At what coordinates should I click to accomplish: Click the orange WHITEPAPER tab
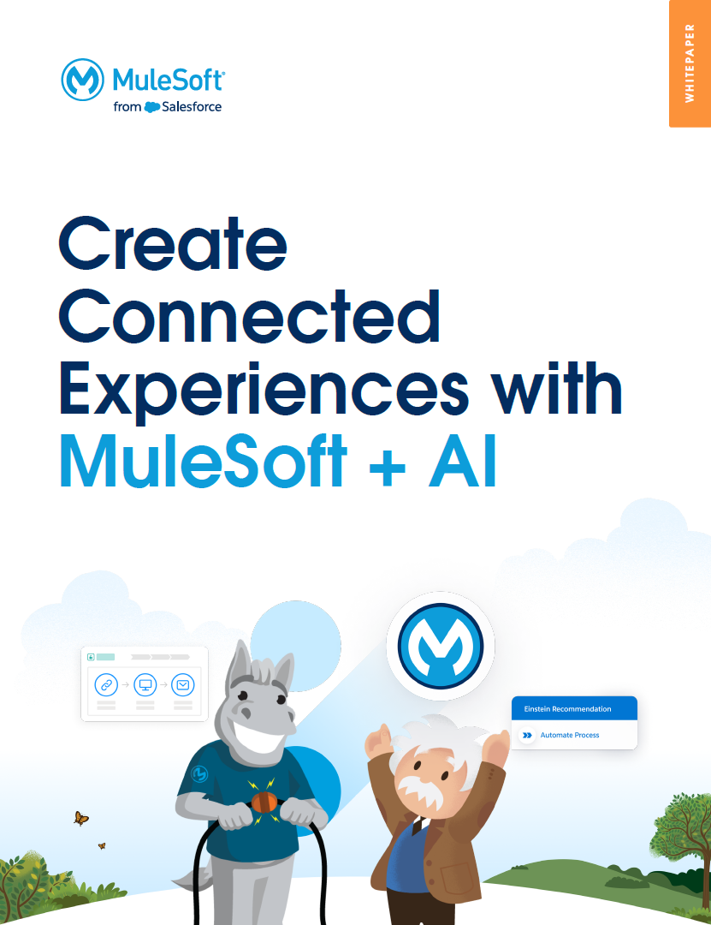pyautogui.click(x=690, y=63)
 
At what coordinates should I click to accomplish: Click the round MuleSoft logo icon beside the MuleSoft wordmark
pyautogui.click(x=82, y=80)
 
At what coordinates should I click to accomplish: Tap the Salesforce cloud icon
pyautogui.click(x=152, y=107)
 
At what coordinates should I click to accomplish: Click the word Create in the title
pyautogui.click(x=173, y=243)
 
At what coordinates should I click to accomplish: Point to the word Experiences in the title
pyautogui.click(x=264, y=391)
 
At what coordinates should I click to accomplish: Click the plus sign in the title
pyautogui.click(x=388, y=468)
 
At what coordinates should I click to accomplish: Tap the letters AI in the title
pyautogui.click(x=463, y=461)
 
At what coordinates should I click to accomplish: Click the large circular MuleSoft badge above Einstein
pyautogui.click(x=441, y=646)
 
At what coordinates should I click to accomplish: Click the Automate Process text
pyautogui.click(x=570, y=735)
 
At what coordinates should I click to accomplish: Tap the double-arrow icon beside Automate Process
pyautogui.click(x=528, y=735)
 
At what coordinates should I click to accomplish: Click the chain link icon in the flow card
pyautogui.click(x=106, y=685)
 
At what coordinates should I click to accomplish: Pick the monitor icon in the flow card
pyautogui.click(x=145, y=685)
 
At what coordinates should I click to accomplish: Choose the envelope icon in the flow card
pyautogui.click(x=183, y=685)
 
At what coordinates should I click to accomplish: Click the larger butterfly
pyautogui.click(x=80, y=818)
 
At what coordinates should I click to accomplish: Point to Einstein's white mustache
pyautogui.click(x=420, y=789)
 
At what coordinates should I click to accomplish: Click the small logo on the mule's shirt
pyautogui.click(x=200, y=773)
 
